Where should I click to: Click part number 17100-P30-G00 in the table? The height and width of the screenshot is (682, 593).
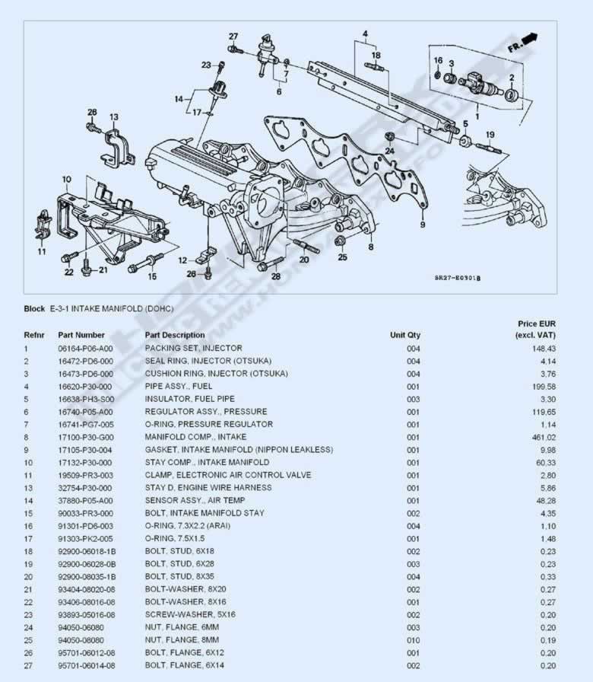tap(86, 438)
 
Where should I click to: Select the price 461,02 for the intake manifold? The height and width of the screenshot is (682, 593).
tap(544, 438)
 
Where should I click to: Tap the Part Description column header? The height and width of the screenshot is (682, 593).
tap(175, 335)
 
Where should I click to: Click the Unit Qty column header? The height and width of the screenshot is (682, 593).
tap(405, 335)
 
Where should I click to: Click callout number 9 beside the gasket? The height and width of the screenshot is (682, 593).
tap(423, 225)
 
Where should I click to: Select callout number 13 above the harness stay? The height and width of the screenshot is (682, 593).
tap(114, 117)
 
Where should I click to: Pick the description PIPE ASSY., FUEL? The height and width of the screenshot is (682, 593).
tap(179, 386)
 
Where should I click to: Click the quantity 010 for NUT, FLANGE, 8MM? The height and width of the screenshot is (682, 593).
tap(414, 640)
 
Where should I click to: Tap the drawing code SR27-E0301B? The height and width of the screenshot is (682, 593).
tap(458, 278)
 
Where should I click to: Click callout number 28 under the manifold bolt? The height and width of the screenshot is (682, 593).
tap(276, 276)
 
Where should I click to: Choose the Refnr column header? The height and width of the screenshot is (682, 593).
tap(34, 335)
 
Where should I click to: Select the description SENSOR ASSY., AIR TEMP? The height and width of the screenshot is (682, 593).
tap(195, 501)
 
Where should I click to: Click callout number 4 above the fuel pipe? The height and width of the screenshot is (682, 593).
tap(366, 33)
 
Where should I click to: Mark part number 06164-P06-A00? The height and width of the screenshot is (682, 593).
tap(85, 349)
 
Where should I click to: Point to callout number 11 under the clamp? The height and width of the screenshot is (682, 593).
tap(42, 251)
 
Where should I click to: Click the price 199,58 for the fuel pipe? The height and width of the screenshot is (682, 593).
tap(544, 387)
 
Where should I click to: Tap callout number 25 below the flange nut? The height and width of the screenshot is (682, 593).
tap(343, 257)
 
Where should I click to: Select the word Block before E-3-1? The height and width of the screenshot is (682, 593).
tap(34, 309)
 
